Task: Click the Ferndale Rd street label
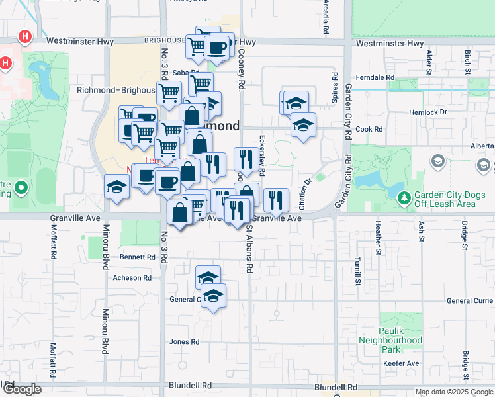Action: [x=375, y=78]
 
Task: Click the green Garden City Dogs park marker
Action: [x=402, y=196]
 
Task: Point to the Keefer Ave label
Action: [x=400, y=363]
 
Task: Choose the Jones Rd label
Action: [x=184, y=342]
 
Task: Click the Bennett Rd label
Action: [x=137, y=257]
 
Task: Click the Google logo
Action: [x=21, y=389]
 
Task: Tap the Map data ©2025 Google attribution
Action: [x=453, y=392]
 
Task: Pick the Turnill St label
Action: [x=357, y=271]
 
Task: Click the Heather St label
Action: [x=379, y=238]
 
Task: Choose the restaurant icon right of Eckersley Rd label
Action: [x=276, y=199]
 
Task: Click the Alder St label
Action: [x=429, y=61]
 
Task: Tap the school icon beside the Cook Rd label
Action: [x=303, y=124]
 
